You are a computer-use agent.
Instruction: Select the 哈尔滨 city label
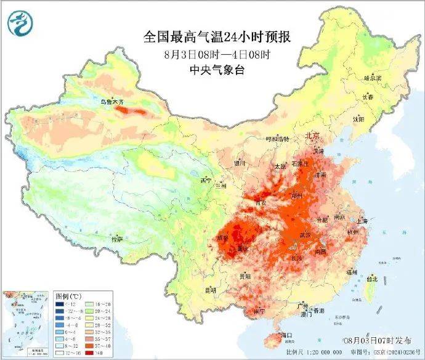(373, 78)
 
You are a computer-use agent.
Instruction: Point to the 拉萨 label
(117, 239)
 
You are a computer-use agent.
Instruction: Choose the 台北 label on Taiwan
(371, 279)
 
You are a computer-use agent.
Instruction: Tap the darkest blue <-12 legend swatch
(60, 305)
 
